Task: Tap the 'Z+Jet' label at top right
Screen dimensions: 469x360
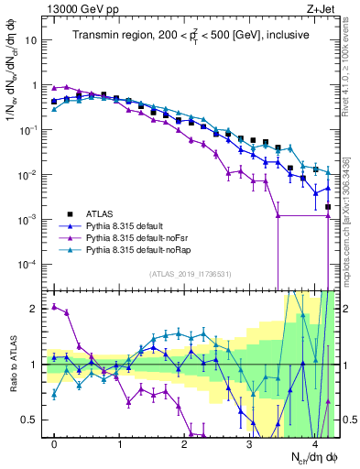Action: (321, 8)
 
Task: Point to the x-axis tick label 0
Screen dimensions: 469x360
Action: (54, 444)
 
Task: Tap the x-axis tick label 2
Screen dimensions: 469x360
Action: (184, 444)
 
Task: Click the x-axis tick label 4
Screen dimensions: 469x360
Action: (314, 444)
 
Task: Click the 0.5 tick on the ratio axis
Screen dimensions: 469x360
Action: (30, 420)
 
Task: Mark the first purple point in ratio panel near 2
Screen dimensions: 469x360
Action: (54, 307)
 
